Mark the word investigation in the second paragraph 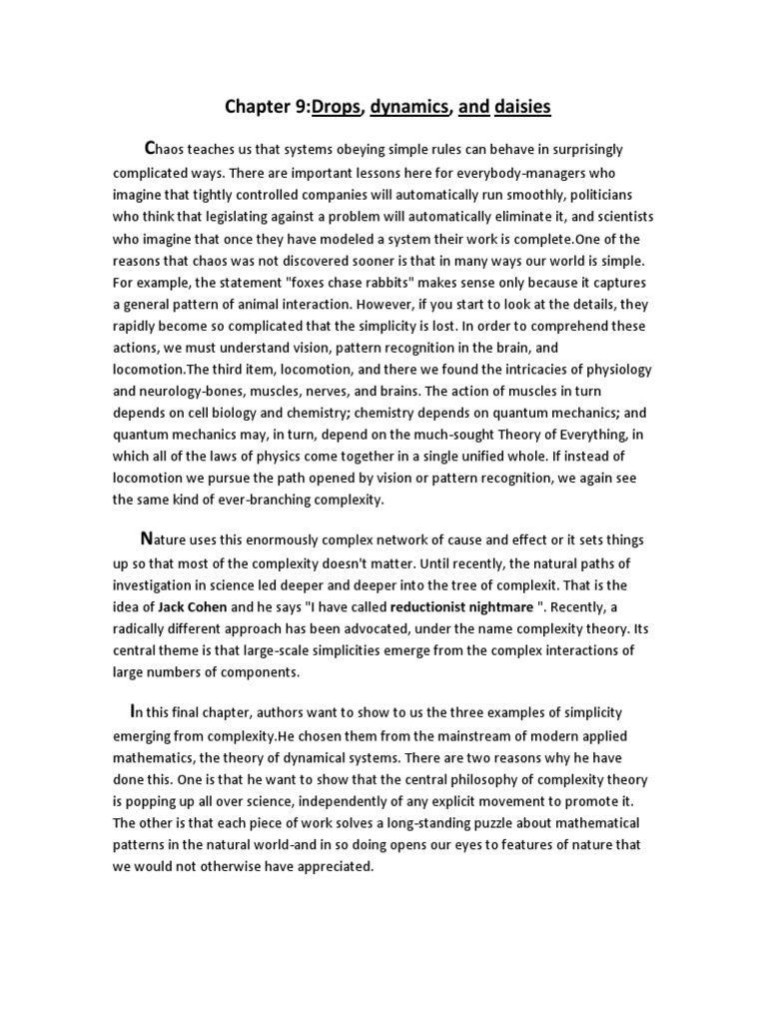pyautogui.click(x=159, y=584)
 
